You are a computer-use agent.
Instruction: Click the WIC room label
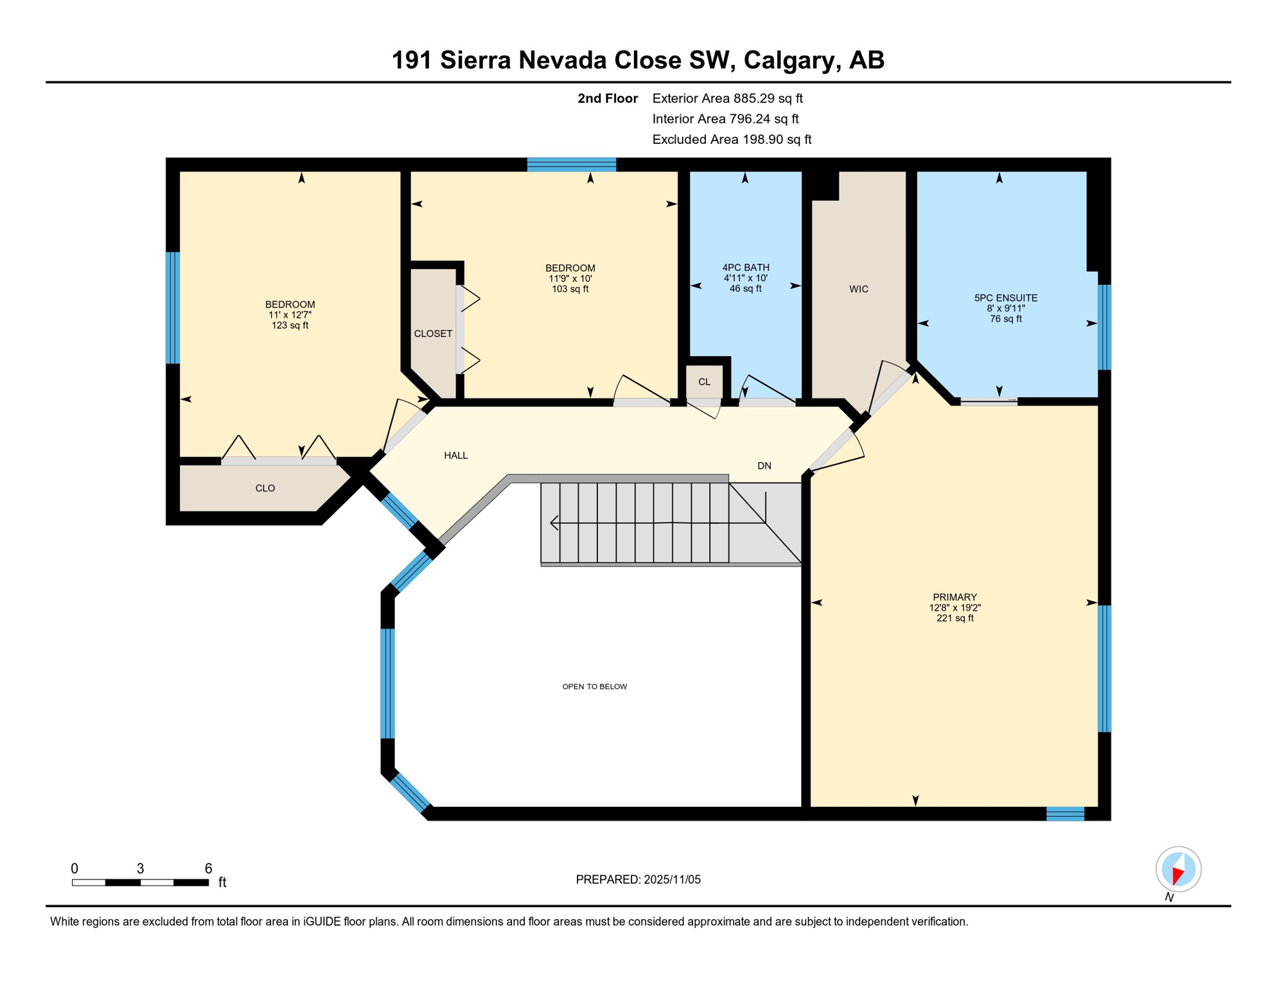(858, 289)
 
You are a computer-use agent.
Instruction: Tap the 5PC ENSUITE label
(1005, 298)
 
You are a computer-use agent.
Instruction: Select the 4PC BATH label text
(745, 268)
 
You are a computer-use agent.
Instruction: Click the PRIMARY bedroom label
(955, 597)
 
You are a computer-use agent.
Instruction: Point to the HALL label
(455, 455)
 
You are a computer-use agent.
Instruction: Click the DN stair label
(764, 465)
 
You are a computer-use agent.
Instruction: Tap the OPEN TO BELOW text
(594, 686)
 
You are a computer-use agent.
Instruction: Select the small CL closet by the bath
(704, 382)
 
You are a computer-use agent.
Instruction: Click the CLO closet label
(265, 488)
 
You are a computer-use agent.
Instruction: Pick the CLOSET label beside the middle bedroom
(432, 334)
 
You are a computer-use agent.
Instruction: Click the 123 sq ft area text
(290, 325)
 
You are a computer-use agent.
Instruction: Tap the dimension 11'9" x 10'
(570, 279)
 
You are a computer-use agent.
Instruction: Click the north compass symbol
(1178, 869)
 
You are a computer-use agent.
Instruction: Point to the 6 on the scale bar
(208, 869)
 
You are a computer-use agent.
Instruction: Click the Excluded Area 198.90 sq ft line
(731, 139)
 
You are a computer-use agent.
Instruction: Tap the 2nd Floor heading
(607, 98)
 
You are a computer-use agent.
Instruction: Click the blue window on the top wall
(571, 164)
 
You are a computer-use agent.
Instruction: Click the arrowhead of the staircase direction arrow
(553, 523)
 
